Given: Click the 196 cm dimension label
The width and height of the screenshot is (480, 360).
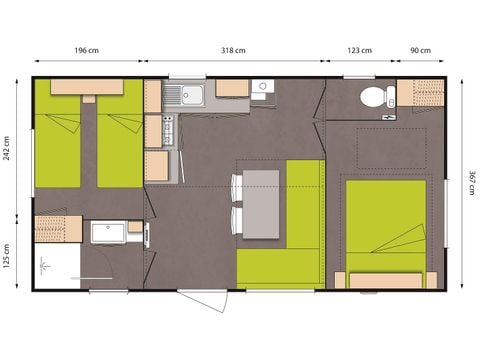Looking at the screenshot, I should pos(87,51).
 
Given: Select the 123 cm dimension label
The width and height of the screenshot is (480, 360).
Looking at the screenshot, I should pos(359,51).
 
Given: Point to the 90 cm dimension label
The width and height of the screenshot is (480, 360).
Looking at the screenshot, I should pos(420,51).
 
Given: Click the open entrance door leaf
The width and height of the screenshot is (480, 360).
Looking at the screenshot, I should pos(203,299).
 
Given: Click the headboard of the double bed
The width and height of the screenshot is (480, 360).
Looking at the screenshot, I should pos(385,280).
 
